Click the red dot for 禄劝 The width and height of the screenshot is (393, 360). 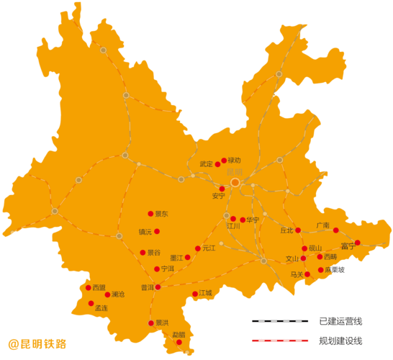pos(224,161)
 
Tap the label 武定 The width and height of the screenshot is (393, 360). pos(206,164)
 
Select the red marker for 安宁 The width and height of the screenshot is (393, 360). pos(222,189)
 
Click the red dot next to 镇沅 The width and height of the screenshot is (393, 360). pos(157,231)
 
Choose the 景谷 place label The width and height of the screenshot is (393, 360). pos(153,253)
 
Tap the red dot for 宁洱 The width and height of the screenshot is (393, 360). pos(157,269)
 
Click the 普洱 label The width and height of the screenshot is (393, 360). pos(147,287)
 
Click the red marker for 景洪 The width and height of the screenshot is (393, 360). pos(150,323)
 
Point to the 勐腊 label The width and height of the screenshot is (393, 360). pos(179,335)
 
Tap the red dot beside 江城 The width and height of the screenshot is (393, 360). pos(195,294)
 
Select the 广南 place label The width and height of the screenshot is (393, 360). pos(322,225)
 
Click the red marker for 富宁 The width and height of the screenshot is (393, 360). pos(358,243)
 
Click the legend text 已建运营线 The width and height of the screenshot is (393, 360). pos(340,321)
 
